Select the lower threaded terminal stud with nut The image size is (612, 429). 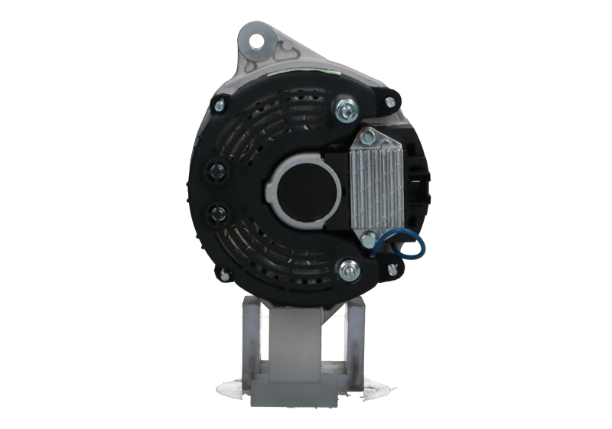tap(350, 268)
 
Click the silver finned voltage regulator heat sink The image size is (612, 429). tap(377, 180)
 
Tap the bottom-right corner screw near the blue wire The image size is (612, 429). tap(393, 268)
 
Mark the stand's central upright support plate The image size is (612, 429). tap(304, 336)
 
